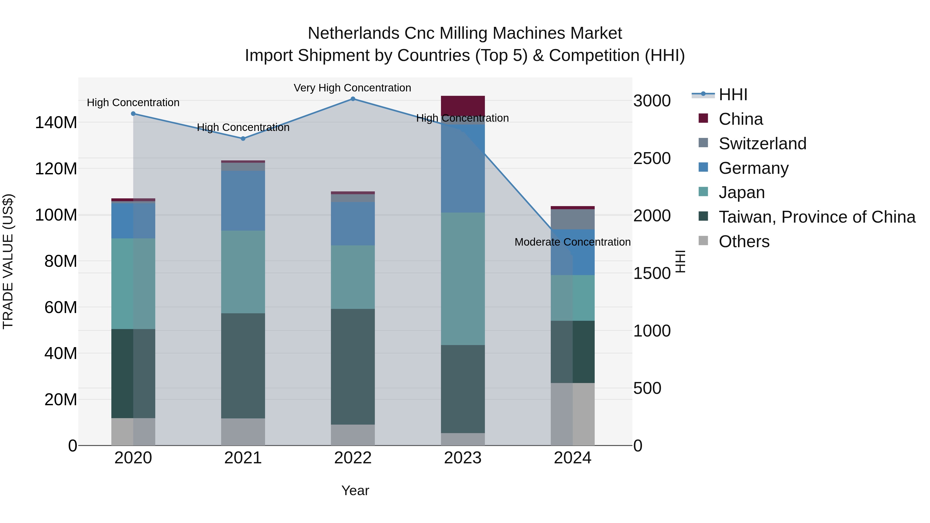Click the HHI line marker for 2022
pos(353,99)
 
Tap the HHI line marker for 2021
pos(243,139)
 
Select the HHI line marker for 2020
pos(133,114)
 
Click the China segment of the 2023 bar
pos(463,106)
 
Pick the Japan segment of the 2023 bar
pos(463,279)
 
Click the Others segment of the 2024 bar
pos(572,414)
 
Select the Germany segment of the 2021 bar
pos(243,201)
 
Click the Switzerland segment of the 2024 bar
pos(572,219)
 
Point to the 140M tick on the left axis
pos(56,123)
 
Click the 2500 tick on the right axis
pos(652,159)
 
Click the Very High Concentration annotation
pos(352,88)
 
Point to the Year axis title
pos(355,490)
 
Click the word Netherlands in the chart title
pos(353,33)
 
